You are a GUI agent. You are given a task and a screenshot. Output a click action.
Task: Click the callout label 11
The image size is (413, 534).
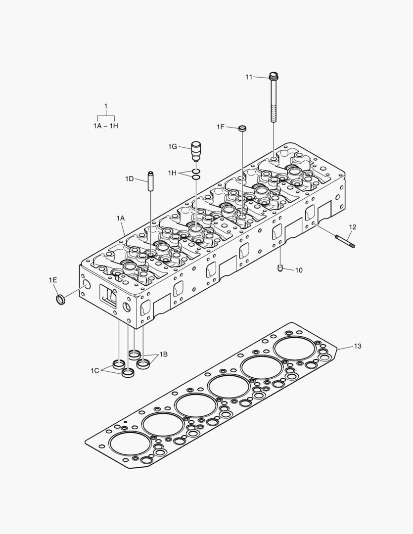pyautogui.click(x=249, y=77)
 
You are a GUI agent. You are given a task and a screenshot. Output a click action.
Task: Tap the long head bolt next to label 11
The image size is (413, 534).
pyautogui.click(x=273, y=99)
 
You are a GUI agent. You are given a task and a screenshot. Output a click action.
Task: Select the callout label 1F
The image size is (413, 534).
pyautogui.click(x=220, y=127)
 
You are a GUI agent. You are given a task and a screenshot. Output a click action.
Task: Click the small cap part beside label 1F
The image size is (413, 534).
pyautogui.click(x=242, y=129)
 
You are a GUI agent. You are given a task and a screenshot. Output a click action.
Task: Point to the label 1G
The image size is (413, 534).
pyautogui.click(x=172, y=146)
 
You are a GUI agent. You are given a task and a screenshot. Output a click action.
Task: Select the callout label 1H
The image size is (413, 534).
pyautogui.click(x=172, y=173)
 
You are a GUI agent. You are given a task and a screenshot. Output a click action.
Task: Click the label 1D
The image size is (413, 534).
pyautogui.click(x=129, y=178)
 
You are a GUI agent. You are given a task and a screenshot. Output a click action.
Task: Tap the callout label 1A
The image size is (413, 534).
pyautogui.click(x=120, y=218)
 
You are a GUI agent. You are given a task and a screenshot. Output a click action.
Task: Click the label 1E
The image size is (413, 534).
pyautogui.click(x=52, y=280)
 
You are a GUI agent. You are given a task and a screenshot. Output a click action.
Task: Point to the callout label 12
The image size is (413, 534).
pyautogui.click(x=352, y=227)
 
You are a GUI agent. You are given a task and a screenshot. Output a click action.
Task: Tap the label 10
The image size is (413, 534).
pyautogui.click(x=299, y=270)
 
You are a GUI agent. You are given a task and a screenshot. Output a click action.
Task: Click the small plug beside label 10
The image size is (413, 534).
pyautogui.click(x=280, y=268)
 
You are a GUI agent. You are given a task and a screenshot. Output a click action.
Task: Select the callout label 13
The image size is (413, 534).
pyautogui.click(x=357, y=346)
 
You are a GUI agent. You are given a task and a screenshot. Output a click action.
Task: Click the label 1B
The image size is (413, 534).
pyautogui.click(x=163, y=355)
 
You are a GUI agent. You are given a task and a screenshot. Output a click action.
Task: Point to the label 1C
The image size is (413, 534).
pyautogui.click(x=95, y=370)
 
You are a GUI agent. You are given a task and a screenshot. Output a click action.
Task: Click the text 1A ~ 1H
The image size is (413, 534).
pyautogui.click(x=106, y=126)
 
